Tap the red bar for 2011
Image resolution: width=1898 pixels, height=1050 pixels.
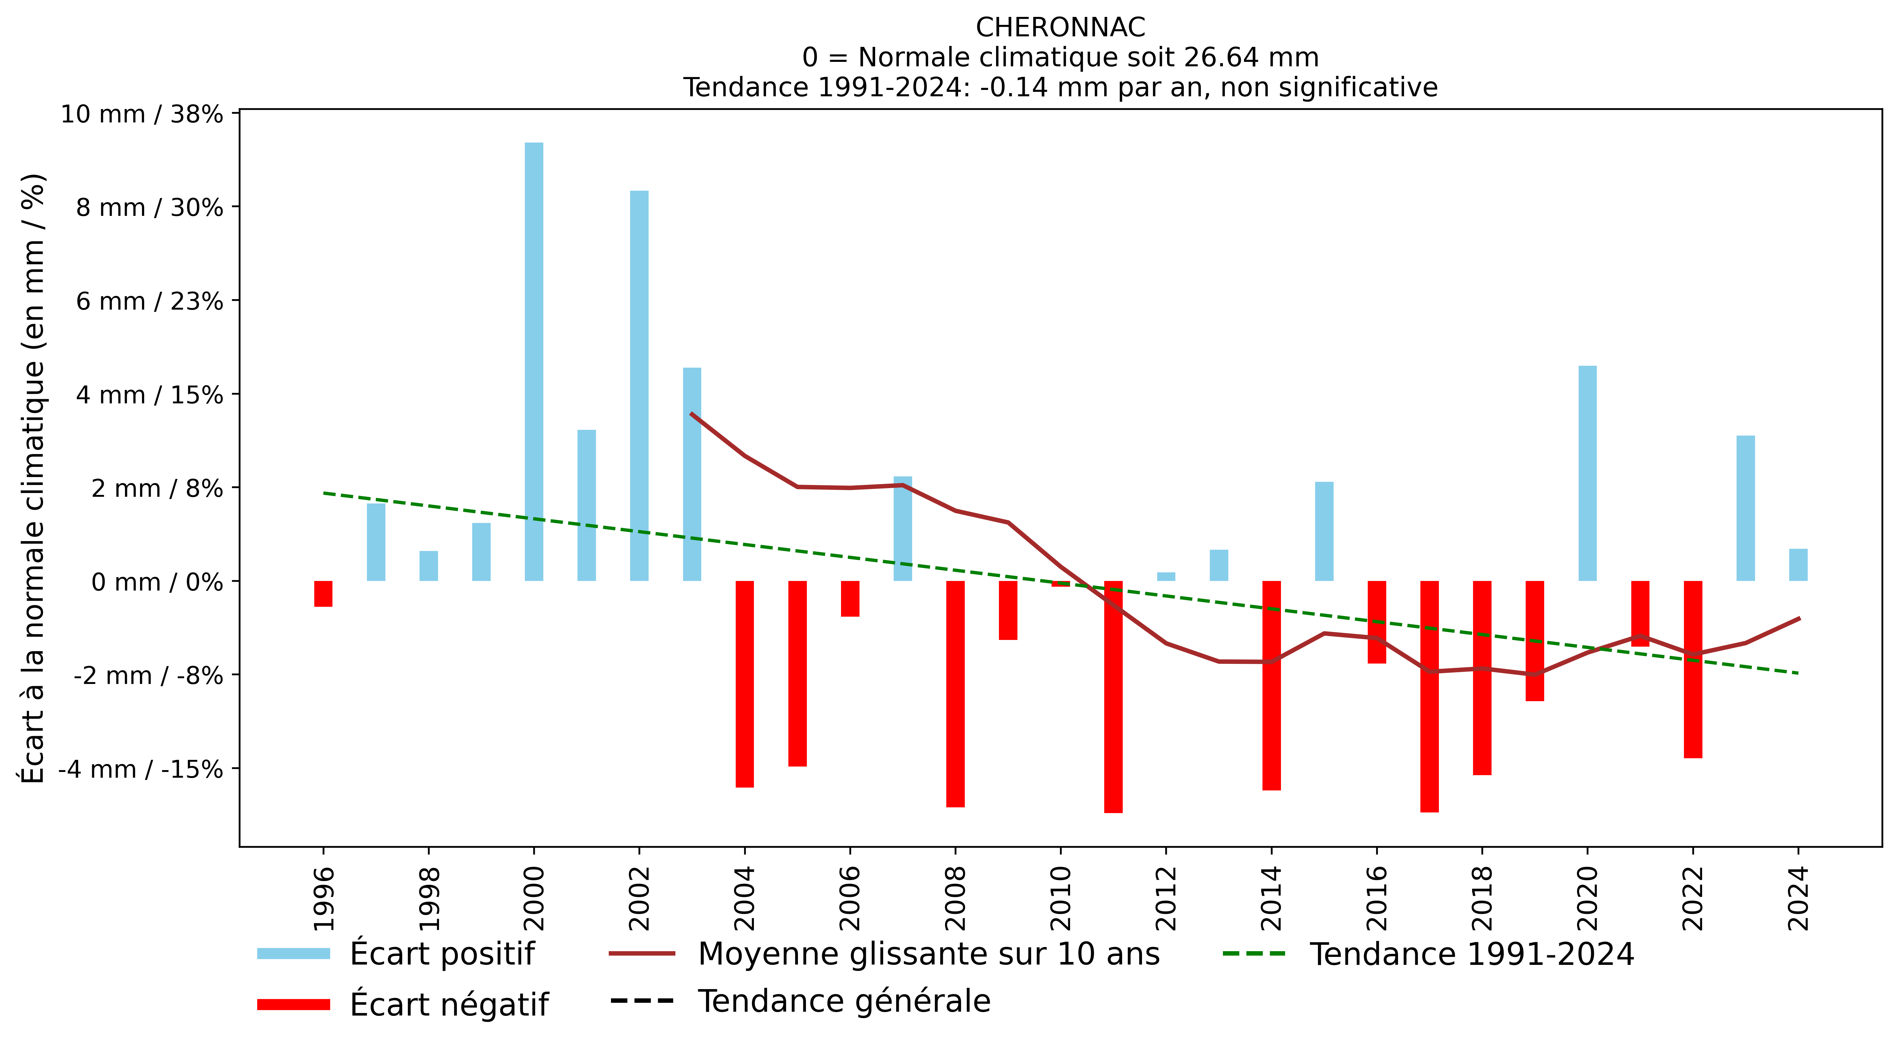coord(1113,697)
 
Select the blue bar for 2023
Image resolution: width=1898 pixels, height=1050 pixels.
coord(1745,508)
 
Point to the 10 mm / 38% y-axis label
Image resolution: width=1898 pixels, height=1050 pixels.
coord(141,114)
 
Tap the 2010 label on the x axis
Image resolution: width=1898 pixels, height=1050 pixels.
coord(1060,898)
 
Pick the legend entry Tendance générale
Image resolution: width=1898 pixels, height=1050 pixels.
coord(800,1002)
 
